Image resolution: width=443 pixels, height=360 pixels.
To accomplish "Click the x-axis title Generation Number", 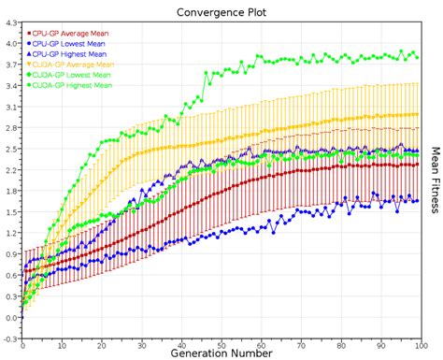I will pos(221,353).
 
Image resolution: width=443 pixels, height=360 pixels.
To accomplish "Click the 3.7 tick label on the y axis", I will pos(10,64).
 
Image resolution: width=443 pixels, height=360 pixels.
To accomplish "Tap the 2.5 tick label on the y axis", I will pos(10,149).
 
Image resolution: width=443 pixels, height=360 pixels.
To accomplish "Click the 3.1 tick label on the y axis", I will pos(10,107).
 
